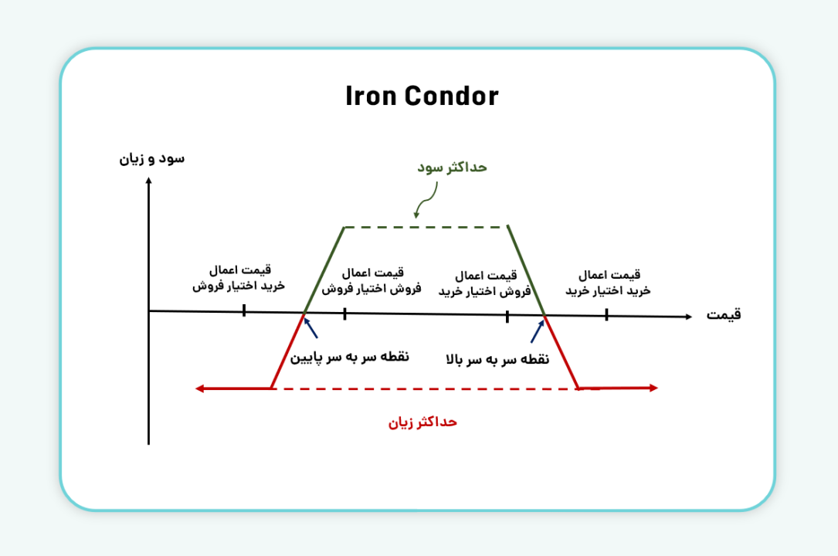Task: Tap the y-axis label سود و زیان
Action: pos(151,159)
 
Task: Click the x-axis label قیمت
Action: pos(724,314)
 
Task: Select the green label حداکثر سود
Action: pos(452,168)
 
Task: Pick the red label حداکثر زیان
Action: pos(422,422)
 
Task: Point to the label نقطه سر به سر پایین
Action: pos(350,358)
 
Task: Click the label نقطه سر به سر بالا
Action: pos(497,359)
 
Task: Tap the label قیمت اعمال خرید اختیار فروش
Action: pos(239,278)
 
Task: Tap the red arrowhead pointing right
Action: pos(653,388)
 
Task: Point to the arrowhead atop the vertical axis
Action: pos(148,182)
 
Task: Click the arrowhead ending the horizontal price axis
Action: pos(687,317)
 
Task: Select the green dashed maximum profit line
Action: pos(426,227)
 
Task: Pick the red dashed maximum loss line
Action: pos(424,388)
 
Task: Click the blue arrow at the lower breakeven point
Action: pos(310,328)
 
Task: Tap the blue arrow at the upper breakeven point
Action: pos(537,331)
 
